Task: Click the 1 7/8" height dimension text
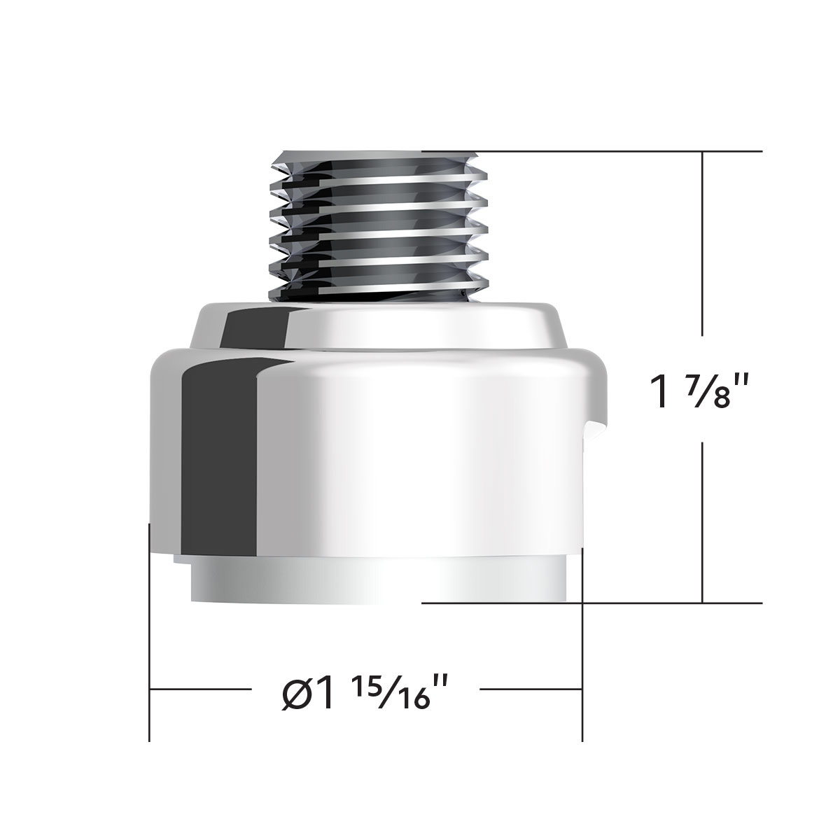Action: point(703,391)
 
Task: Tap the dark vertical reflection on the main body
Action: point(217,455)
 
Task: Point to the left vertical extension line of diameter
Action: point(150,630)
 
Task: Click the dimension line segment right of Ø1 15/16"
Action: point(532,689)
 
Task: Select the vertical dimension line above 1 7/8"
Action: point(703,259)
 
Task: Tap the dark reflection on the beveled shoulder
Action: point(255,329)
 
